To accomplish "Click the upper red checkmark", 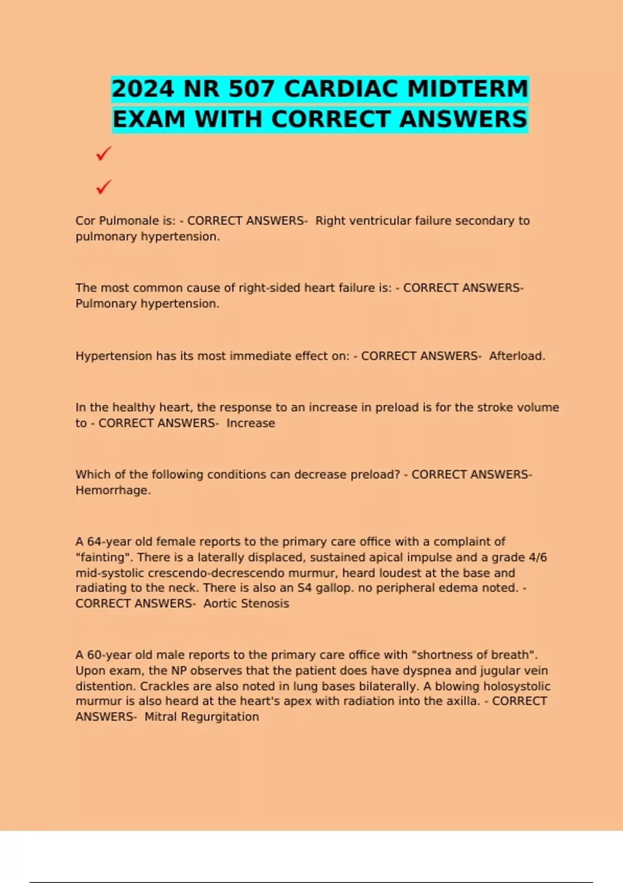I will (104, 154).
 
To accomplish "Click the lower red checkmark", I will (104, 186).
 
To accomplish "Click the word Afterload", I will (517, 356).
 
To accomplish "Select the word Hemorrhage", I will (113, 490).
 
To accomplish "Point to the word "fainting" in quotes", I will (103, 557).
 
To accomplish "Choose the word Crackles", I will (165, 686).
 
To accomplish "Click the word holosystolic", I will (517, 686).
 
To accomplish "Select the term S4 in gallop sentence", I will (304, 588).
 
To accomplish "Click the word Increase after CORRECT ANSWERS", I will (250, 423).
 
